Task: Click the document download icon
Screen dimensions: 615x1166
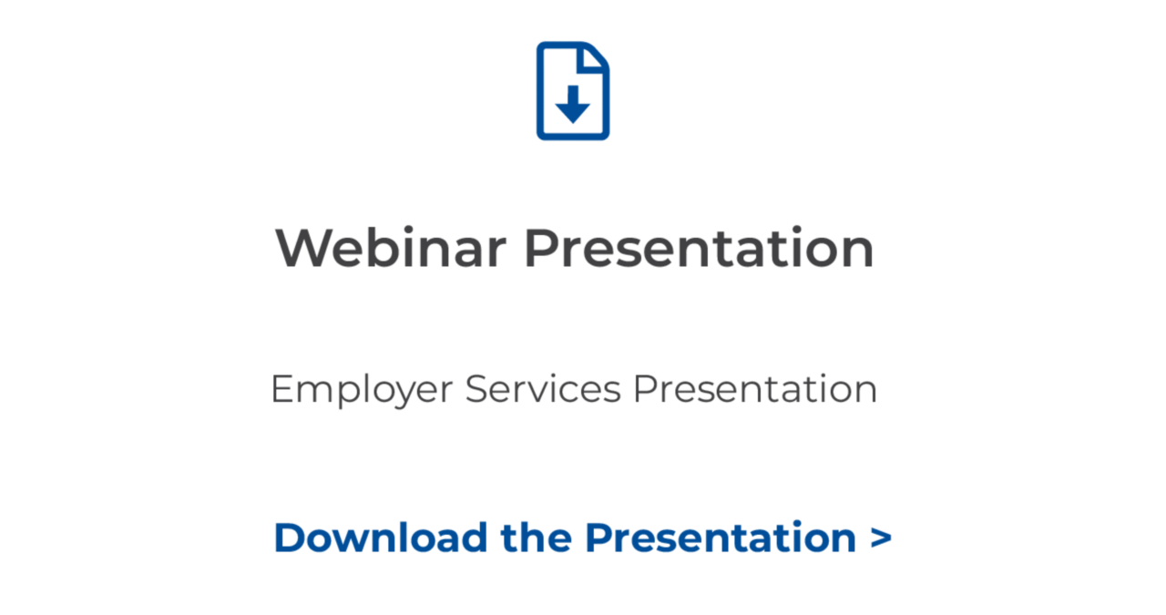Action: (x=573, y=91)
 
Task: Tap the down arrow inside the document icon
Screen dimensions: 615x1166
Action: (x=573, y=106)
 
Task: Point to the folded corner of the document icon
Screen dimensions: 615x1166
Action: (x=595, y=56)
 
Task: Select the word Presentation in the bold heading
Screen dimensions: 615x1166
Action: (x=699, y=248)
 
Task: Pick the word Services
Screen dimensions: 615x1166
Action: (x=543, y=389)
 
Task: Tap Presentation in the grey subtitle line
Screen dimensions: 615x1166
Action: (x=755, y=389)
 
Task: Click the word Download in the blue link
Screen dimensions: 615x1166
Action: (x=381, y=537)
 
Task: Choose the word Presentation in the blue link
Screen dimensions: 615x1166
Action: (x=721, y=537)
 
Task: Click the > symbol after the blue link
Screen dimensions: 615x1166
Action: (x=881, y=538)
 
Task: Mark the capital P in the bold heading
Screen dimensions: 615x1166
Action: (x=541, y=248)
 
